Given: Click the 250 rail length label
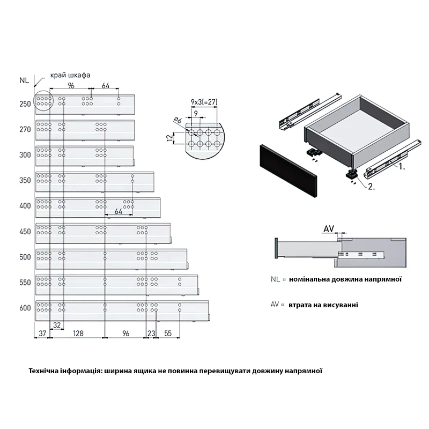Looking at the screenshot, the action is tap(25, 104).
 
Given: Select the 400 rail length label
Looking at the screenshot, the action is tap(25, 206).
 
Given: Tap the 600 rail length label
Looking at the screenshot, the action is tap(25, 308).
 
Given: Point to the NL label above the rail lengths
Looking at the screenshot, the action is tap(24, 80).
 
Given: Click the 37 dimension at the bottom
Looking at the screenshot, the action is tap(42, 333).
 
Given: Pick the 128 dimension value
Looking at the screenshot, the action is tap(78, 333).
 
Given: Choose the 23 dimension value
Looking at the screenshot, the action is tap(151, 333).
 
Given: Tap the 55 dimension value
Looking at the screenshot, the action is tap(168, 333).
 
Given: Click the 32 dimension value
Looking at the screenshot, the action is tap(57, 325).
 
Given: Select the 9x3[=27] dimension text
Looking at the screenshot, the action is tap(204, 102).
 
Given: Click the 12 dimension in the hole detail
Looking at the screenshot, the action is tap(169, 138).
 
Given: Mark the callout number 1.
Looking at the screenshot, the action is tap(401, 166).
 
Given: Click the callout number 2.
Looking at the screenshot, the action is tap(371, 187).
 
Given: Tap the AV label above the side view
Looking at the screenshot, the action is tap(329, 229).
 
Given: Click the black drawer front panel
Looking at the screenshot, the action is tap(288, 171).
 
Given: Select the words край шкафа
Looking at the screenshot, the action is tap(70, 75).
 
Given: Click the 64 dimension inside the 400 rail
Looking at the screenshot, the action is tap(118, 211).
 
